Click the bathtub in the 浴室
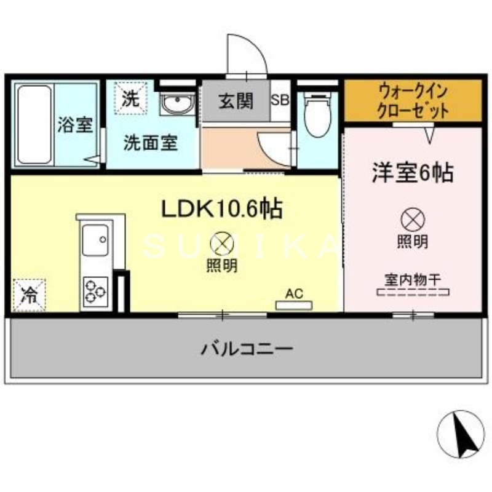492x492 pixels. click(33, 124)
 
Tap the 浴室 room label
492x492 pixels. click(75, 125)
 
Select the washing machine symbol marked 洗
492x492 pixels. click(130, 98)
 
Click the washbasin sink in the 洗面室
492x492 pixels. click(177, 105)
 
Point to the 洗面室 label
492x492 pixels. click(151, 143)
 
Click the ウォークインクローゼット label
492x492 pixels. click(413, 101)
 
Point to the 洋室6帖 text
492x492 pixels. click(412, 173)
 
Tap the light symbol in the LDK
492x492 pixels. click(222, 244)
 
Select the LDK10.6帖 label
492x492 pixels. click(221, 210)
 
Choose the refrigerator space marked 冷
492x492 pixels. click(29, 295)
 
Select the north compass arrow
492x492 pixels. click(461, 433)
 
